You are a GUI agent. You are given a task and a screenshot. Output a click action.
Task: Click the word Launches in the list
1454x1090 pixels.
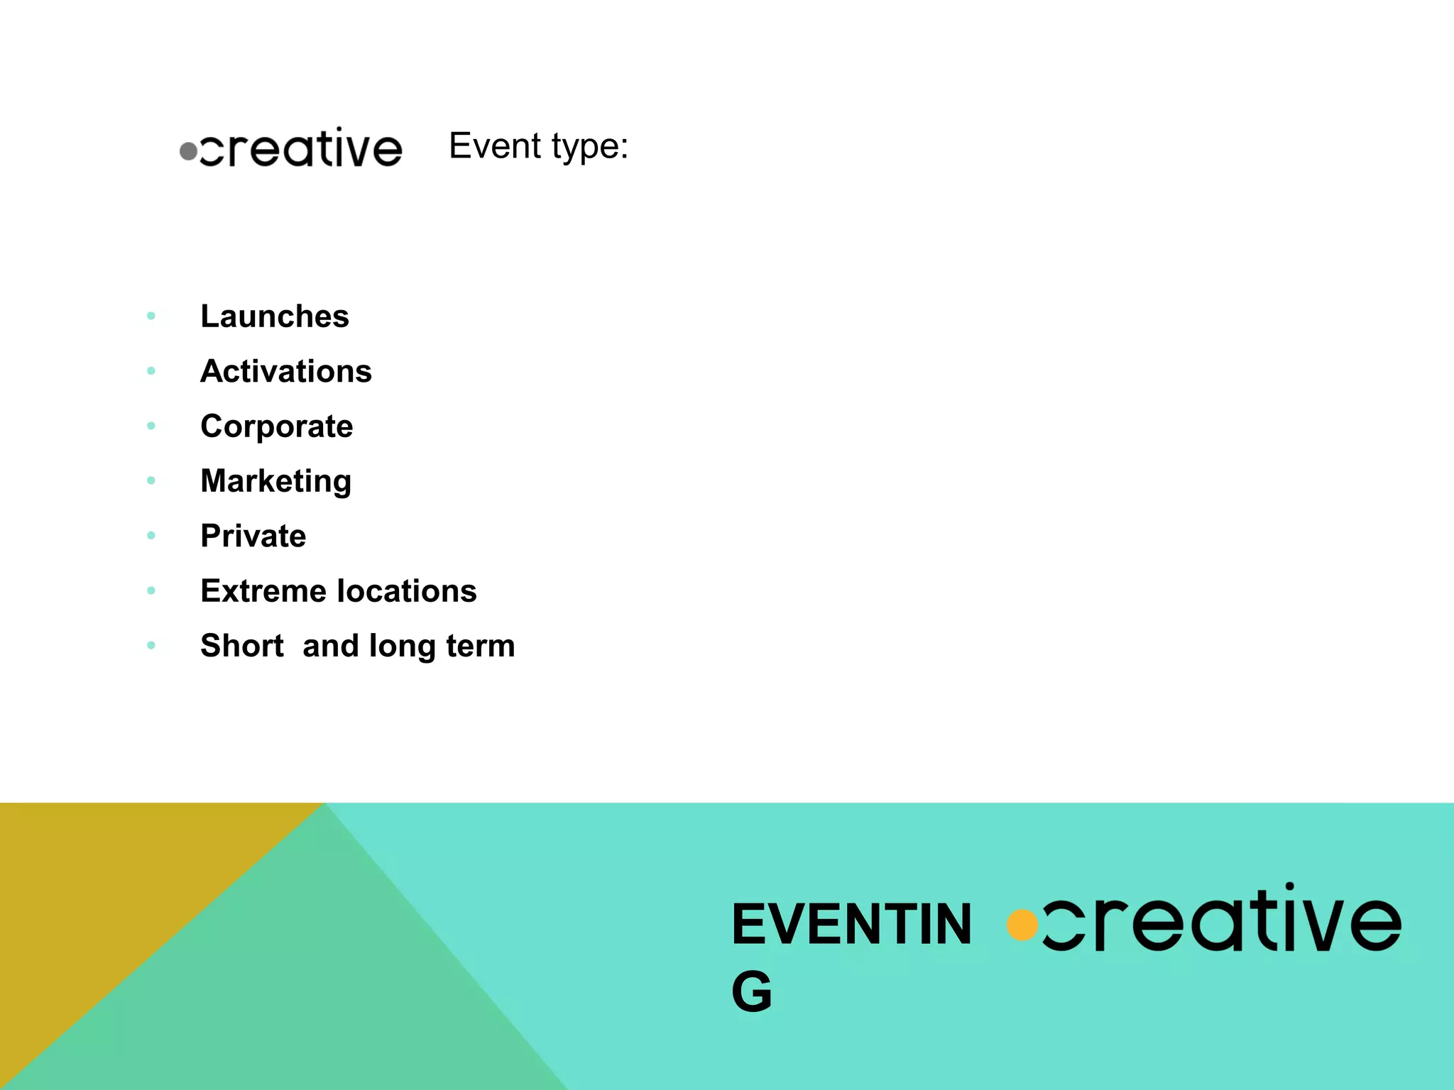coord(275,316)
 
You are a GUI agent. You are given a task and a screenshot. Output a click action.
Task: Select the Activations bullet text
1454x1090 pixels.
coord(286,371)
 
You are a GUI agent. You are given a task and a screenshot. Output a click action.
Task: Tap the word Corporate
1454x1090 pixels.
coord(276,426)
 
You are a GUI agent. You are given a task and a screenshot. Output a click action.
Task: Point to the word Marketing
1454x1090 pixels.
coord(275,481)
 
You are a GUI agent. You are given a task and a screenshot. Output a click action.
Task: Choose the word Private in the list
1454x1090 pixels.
coord(253,536)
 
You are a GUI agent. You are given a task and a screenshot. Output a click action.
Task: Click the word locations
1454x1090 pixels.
coord(407,591)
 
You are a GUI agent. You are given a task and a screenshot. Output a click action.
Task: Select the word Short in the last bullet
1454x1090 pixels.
coord(241,646)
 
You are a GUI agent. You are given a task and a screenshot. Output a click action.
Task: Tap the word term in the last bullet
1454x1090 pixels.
coord(480,646)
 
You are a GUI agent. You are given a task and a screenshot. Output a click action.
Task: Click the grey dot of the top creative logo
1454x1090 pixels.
coord(188,151)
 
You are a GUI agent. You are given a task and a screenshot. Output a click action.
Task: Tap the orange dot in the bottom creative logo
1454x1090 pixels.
coord(1022,925)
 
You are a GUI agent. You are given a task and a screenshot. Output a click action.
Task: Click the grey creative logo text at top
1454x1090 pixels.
coord(301,148)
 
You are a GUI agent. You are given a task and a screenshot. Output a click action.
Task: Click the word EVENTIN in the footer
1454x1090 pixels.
coord(851,925)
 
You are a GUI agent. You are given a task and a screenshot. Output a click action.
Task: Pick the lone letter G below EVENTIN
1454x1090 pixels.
coord(751,991)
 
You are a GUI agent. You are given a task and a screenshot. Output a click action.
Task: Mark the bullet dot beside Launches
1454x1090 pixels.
coord(151,316)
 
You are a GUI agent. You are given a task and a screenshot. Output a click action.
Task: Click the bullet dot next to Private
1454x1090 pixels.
coord(151,535)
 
